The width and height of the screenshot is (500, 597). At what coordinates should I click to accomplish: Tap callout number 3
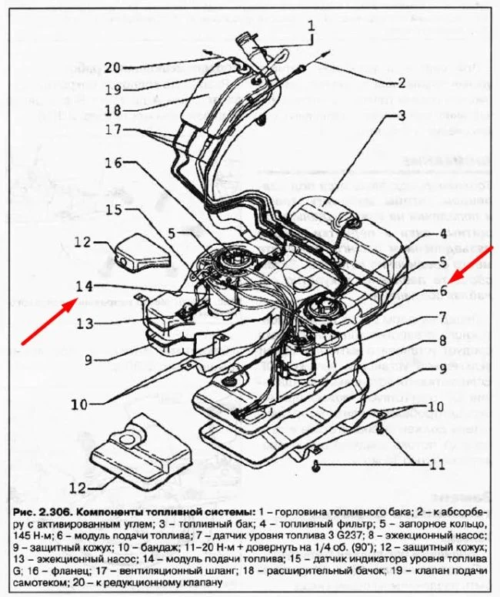coord(401,117)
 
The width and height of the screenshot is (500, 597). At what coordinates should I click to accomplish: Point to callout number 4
coord(444,234)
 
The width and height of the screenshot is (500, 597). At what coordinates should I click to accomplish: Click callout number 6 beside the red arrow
coord(444,290)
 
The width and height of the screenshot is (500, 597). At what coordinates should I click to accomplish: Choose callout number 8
coord(444,340)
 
